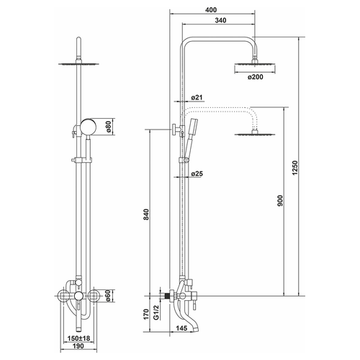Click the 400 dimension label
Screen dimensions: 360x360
pyautogui.click(x=211, y=10)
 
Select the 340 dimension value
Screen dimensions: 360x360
pyautogui.click(x=220, y=20)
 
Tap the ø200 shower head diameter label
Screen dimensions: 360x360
pyautogui.click(x=256, y=77)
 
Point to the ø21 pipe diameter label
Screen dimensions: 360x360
pyautogui.click(x=197, y=97)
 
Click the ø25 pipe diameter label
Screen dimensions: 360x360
pyautogui.click(x=197, y=174)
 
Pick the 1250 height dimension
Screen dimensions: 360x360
pyautogui.click(x=295, y=168)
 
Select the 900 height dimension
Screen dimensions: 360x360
pyautogui.click(x=280, y=201)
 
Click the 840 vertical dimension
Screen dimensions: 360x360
pyautogui.click(x=146, y=215)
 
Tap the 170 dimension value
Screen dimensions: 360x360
pyautogui.click(x=146, y=315)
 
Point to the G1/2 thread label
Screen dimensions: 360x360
pyautogui.click(x=156, y=312)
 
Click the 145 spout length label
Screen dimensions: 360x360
pyautogui.click(x=181, y=328)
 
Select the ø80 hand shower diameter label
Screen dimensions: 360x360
pyautogui.click(x=109, y=127)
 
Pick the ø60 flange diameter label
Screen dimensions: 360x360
pyautogui.click(x=109, y=296)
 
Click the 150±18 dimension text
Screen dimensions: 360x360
pyautogui.click(x=78, y=338)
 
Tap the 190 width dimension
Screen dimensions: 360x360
pyautogui.click(x=78, y=346)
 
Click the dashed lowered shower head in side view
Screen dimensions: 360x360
pyautogui.click(x=255, y=133)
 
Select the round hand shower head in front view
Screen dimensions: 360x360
pyautogui.click(x=88, y=127)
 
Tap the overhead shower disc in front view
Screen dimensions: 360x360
pyautogui.click(x=78, y=64)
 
